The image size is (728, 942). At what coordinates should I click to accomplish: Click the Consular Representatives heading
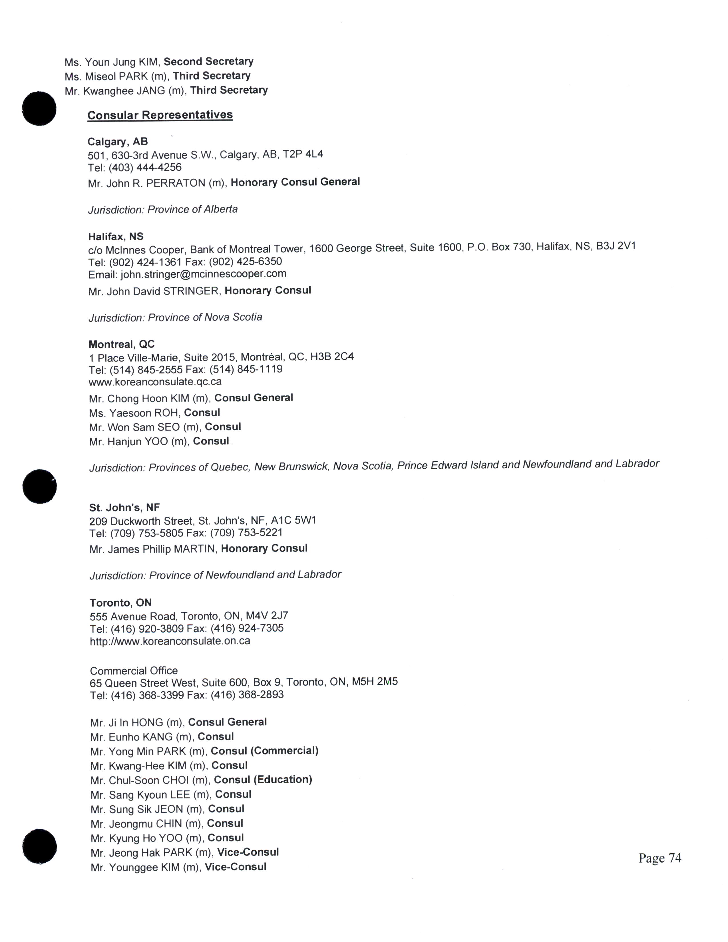160,115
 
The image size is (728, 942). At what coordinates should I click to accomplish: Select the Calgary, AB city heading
118,142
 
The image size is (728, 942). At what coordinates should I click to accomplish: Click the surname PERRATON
176,183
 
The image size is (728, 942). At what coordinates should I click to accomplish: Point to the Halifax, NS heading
116,236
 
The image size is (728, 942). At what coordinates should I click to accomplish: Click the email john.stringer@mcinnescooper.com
203,274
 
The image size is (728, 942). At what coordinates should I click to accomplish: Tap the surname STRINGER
191,291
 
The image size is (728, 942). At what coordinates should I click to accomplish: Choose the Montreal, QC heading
122,344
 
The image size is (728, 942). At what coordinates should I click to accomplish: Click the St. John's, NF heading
124,507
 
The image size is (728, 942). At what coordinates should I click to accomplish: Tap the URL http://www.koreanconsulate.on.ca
170,641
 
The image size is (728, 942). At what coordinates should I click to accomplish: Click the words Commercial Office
134,671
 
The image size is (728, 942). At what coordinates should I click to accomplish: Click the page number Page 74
660,858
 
